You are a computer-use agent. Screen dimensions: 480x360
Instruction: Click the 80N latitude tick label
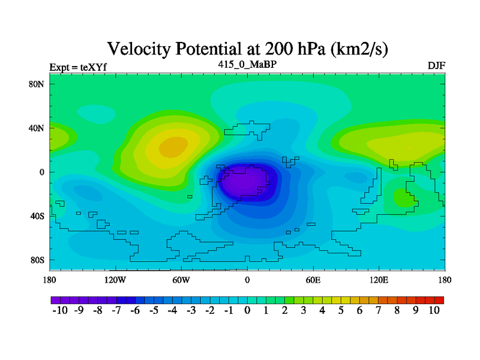[37, 84]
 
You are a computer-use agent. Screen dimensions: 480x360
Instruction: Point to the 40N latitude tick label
[37, 128]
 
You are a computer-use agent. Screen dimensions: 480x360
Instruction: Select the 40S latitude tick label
[37, 216]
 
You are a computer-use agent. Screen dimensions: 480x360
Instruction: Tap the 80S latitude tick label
[37, 260]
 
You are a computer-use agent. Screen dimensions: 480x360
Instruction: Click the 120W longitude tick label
[115, 280]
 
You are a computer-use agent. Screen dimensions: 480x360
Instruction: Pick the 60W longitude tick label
[181, 280]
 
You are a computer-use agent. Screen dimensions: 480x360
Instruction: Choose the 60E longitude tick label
[313, 280]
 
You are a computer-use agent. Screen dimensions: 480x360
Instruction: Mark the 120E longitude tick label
[379, 280]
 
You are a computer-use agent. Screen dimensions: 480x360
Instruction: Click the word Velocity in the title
[139, 49]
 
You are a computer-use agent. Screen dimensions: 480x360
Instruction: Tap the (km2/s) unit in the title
[359, 49]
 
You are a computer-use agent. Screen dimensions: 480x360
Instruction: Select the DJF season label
[437, 66]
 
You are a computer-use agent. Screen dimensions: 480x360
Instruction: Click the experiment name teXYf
[94, 67]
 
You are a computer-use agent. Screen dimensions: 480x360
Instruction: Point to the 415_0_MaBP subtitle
[247, 64]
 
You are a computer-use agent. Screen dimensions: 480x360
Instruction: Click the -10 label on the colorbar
[60, 310]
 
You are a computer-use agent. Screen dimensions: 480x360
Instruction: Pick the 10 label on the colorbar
[434, 310]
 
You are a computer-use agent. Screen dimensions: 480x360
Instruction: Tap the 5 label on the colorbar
[341, 310]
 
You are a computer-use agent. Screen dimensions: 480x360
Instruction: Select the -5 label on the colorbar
[154, 310]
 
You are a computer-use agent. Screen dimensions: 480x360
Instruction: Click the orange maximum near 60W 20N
[173, 147]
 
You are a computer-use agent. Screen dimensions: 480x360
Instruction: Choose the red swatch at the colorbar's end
[439, 301]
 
